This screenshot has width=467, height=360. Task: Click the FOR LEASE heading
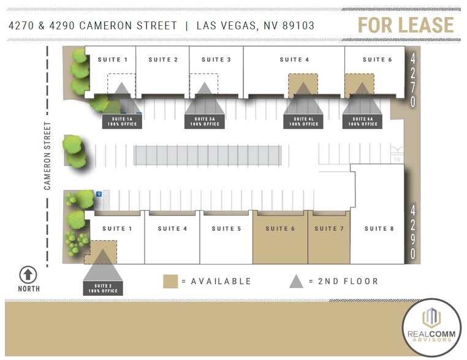406,25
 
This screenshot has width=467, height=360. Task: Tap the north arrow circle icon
29,275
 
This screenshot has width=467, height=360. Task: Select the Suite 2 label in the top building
163,59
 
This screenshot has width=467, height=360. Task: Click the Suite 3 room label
216,59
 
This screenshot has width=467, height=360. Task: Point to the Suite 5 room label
227,228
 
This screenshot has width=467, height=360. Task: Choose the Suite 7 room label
329,228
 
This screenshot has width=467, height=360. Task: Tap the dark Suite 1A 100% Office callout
122,121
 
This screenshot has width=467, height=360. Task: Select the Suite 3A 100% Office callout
205,121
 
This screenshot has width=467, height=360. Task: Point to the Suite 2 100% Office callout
103,288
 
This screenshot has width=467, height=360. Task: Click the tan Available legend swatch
170,282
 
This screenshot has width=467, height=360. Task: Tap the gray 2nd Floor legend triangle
296,281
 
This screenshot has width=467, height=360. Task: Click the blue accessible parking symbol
99,194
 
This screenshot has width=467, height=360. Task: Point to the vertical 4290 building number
413,232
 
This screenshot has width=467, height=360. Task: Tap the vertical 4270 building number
413,80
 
